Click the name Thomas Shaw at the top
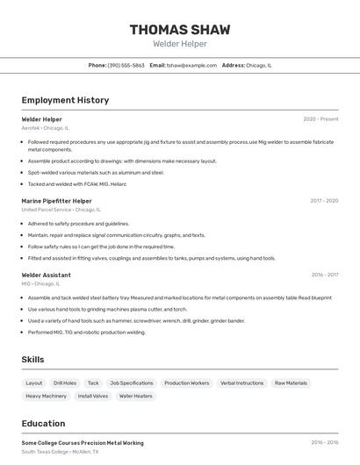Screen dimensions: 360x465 tap(180, 30)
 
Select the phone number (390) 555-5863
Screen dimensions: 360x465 tap(126, 65)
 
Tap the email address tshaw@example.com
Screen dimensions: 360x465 tap(191, 65)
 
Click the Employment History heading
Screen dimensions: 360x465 tap(65, 100)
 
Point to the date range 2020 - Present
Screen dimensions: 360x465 tap(320, 118)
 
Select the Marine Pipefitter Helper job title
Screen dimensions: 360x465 tap(56, 201)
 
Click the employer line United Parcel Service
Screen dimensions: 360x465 tap(61, 210)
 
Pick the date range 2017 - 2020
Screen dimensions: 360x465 tap(324, 201)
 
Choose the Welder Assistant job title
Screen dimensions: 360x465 tap(46, 275)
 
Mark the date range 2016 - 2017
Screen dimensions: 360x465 tap(324, 275)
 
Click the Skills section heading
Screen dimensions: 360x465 tap(32, 360)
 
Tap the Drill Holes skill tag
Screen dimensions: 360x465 tap(65, 383)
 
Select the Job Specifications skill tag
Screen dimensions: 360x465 tap(131, 383)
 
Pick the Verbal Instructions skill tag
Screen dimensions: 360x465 tap(241, 383)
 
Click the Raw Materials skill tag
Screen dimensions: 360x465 tap(291, 383)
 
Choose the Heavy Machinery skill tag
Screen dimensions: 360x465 tap(46, 396)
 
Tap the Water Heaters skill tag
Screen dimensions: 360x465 tap(136, 396)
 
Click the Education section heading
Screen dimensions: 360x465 tap(43, 424)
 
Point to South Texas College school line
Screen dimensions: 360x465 tap(60, 452)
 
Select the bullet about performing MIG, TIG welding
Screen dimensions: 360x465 tap(86, 333)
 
